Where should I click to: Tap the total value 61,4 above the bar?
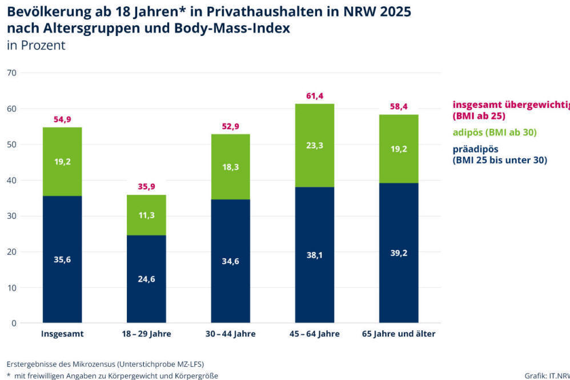[315, 96]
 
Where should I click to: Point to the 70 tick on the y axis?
[12, 73]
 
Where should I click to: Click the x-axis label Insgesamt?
[62, 334]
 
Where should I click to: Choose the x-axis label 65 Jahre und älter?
[399, 334]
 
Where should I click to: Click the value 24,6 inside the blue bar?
[146, 279]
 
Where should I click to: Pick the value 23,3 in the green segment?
[315, 146]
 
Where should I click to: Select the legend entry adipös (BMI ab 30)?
[495, 133]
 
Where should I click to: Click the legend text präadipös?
[475, 150]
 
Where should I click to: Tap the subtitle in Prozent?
[36, 46]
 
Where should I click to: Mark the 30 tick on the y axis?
[12, 216]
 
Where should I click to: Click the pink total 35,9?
[146, 186]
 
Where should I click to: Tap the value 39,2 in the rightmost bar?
[399, 253]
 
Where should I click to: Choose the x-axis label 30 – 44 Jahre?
[231, 334]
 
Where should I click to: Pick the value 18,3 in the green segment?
[231, 166]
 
